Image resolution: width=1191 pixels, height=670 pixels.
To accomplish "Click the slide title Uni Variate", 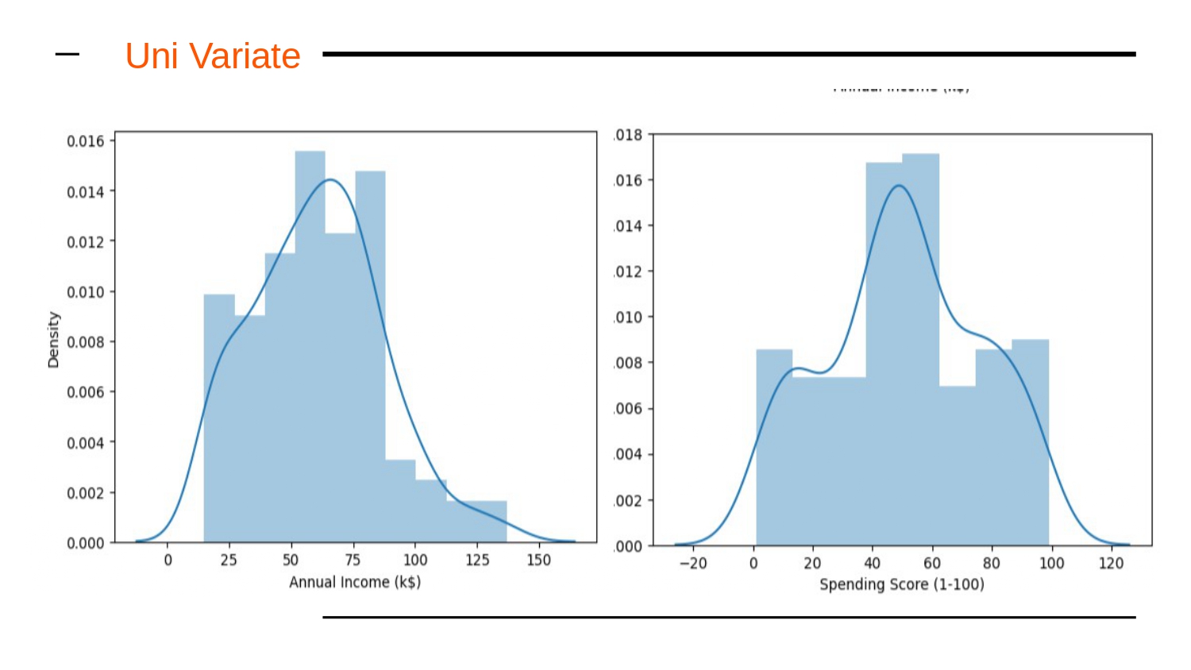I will (213, 56).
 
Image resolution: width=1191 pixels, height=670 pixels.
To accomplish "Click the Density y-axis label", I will (53, 340).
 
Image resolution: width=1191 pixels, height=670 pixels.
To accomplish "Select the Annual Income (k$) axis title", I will (355, 582).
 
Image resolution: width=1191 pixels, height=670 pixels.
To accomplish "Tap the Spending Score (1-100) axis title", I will (901, 584).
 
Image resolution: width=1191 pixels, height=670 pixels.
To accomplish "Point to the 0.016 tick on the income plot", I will (85, 141).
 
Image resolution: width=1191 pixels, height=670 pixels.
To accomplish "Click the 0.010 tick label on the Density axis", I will (85, 292).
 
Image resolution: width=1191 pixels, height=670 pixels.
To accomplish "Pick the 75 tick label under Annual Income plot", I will (353, 560).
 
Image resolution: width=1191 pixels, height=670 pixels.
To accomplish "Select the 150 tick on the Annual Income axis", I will (538, 560).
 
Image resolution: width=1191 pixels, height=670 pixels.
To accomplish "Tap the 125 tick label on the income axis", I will (477, 560).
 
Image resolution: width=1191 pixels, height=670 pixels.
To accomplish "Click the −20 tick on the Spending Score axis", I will (693, 563).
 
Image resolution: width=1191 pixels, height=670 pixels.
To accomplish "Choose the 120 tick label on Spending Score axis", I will (1111, 563).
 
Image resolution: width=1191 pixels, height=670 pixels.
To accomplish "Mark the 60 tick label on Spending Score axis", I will (931, 563).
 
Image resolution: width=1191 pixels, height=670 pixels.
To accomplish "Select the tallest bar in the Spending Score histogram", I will (921, 349).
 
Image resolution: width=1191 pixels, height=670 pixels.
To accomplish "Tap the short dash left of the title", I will (67, 55).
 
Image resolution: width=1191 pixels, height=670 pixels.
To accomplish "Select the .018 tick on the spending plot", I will (628, 135).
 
